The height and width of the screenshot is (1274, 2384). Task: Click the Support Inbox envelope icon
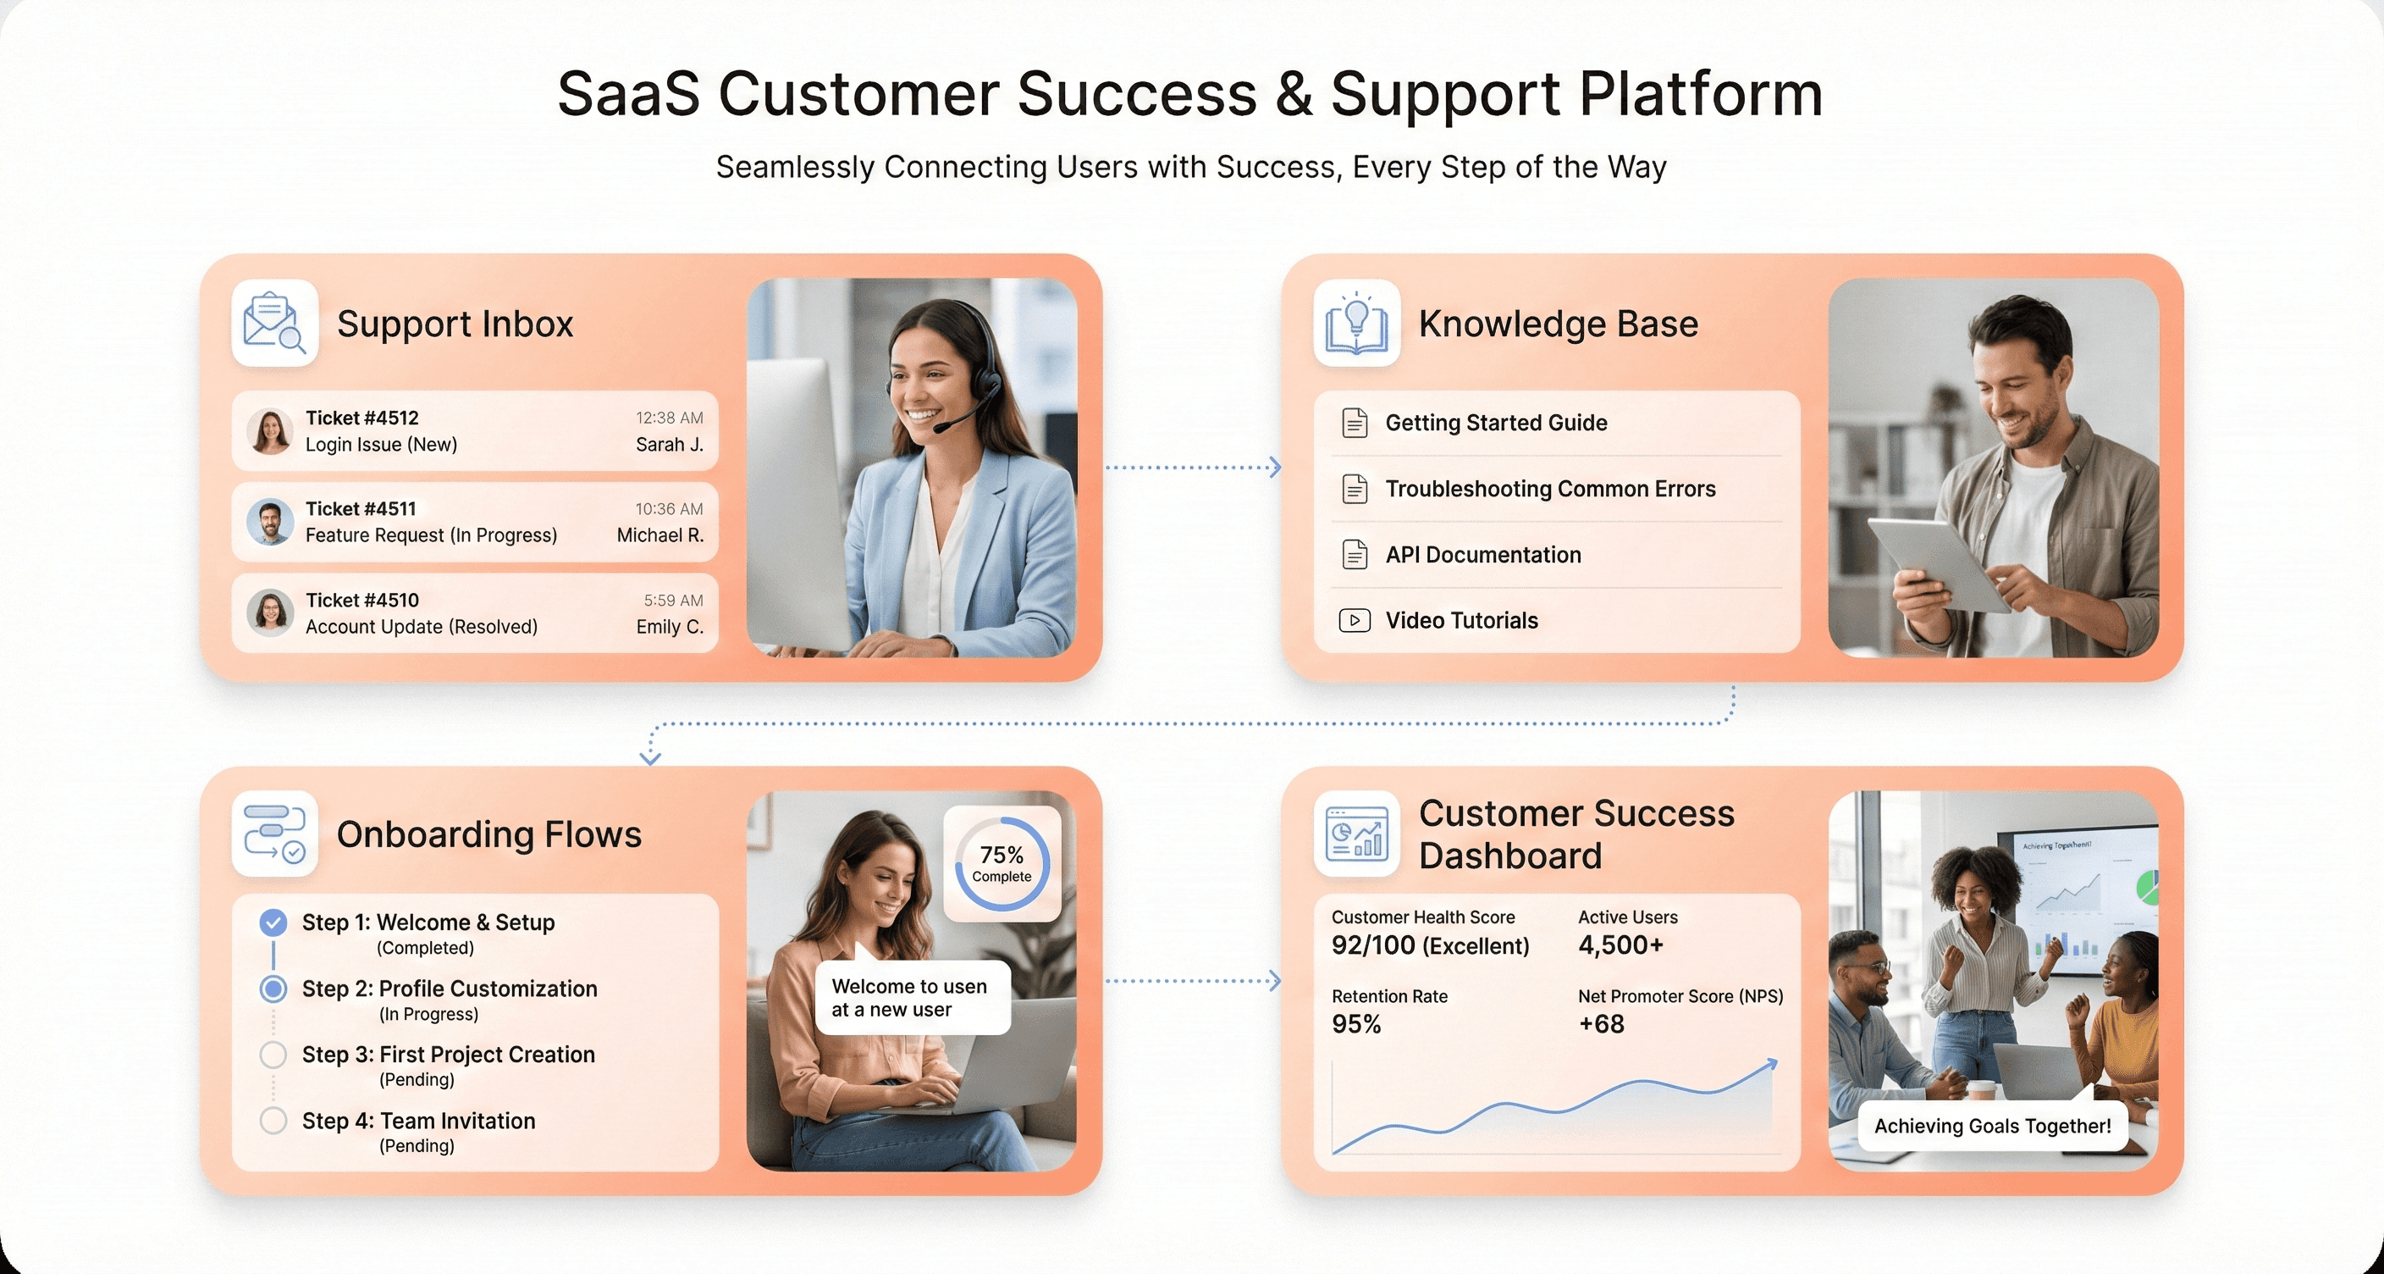coord(274,322)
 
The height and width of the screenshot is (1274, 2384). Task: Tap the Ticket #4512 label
coord(361,418)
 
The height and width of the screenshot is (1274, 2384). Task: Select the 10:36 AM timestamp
coord(668,508)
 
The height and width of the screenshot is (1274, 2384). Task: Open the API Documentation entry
coord(1482,555)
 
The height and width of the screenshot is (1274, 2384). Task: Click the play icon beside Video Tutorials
coord(1354,620)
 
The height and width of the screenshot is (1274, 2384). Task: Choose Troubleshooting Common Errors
coord(1549,489)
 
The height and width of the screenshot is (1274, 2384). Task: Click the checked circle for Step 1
coord(273,922)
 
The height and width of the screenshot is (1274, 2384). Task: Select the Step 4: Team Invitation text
coord(418,1121)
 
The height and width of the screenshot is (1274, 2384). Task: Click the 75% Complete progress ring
coord(1002,863)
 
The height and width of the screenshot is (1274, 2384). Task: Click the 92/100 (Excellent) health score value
coord(1430,945)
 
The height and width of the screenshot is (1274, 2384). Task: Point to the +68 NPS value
coord(1601,1024)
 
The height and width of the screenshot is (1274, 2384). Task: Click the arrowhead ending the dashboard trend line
coord(1771,1064)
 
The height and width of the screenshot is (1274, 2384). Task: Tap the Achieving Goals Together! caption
coord(1991,1126)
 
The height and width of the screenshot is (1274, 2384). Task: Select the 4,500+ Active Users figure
coord(1620,945)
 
